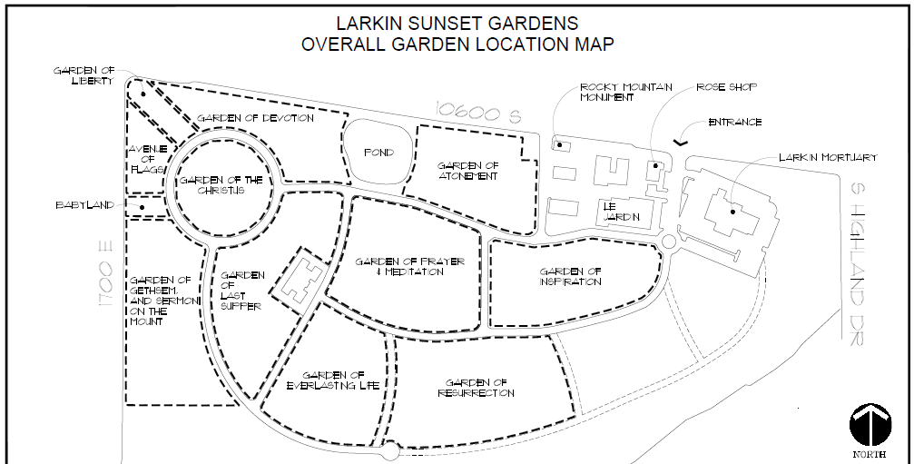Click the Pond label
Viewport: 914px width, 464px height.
[x=378, y=153]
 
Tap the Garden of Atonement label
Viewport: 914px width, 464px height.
[x=468, y=171]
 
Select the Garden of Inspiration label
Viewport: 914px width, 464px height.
[x=570, y=276]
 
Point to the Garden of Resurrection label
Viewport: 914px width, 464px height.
[x=477, y=388]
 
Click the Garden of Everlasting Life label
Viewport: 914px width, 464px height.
[x=333, y=380]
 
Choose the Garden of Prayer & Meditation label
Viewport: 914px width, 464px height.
[x=409, y=266]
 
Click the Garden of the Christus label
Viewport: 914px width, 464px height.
[x=221, y=185]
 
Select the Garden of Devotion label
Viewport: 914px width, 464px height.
[x=255, y=118]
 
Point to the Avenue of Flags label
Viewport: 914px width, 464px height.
[x=147, y=159]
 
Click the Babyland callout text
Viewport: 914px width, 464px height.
[x=84, y=205]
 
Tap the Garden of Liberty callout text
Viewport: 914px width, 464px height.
[x=84, y=75]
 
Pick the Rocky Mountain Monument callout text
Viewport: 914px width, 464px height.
[x=626, y=92]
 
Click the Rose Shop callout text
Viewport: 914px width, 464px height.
[x=726, y=87]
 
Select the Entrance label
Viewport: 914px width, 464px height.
[x=735, y=123]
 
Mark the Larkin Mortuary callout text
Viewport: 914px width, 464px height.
[x=828, y=157]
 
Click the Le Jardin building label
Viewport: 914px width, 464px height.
[x=622, y=212]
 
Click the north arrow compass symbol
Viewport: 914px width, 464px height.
[x=870, y=424]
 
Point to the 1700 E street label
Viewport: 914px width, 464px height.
[x=105, y=276]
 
